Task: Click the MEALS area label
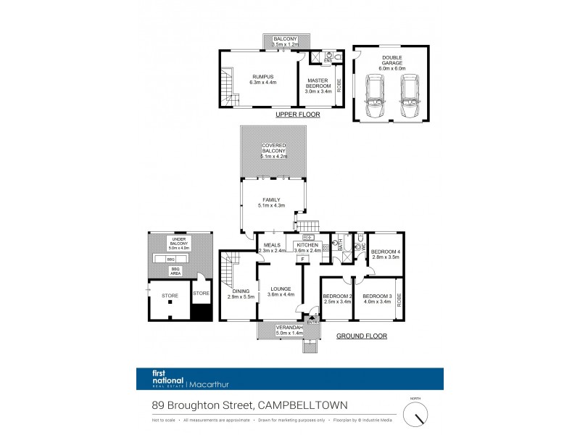coord(272,245)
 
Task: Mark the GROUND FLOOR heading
coord(361,336)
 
